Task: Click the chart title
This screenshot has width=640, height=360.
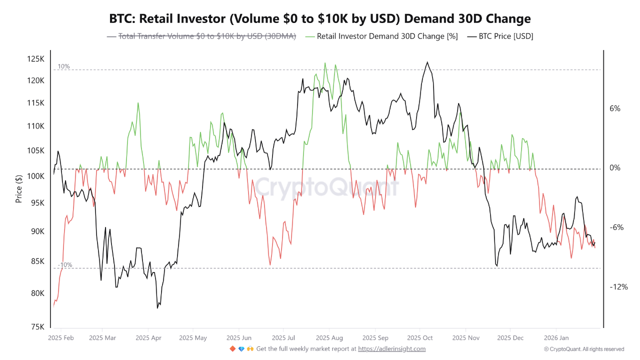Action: tap(320, 19)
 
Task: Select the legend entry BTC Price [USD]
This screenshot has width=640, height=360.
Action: tap(505, 36)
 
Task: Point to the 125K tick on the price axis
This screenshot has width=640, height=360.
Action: tap(35, 59)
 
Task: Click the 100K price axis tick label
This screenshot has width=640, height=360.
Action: tap(35, 176)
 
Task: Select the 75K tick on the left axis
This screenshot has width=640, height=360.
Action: tap(37, 327)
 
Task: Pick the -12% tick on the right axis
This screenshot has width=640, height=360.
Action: tap(618, 287)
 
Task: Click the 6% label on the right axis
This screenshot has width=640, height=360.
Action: tap(615, 108)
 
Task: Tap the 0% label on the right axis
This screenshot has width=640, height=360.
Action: tap(615, 168)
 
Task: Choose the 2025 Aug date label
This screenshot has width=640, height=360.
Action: tap(329, 338)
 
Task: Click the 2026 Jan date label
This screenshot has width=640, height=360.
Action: tap(556, 338)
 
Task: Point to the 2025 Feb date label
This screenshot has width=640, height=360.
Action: tap(60, 338)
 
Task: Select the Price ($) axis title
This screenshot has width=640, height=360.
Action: tap(19, 189)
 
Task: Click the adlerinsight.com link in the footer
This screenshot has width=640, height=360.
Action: tap(391, 349)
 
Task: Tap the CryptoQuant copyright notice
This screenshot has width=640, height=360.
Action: tap(584, 349)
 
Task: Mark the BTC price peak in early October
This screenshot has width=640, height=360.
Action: tap(427, 62)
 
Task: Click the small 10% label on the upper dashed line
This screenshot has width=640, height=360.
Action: tap(63, 66)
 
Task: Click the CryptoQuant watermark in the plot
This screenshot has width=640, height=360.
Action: tap(327, 187)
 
